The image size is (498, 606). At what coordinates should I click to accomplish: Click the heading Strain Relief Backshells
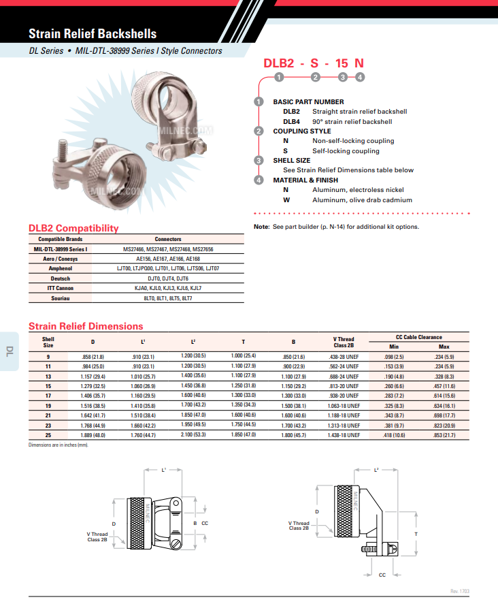click(x=93, y=33)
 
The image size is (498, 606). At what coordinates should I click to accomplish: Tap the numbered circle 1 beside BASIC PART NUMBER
click(x=259, y=102)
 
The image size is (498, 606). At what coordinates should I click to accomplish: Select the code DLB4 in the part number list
click(x=291, y=122)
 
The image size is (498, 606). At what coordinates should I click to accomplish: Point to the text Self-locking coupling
click(x=346, y=151)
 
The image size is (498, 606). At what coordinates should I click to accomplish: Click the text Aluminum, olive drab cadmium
click(x=362, y=200)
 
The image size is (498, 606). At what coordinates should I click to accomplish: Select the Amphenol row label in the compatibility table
click(x=61, y=268)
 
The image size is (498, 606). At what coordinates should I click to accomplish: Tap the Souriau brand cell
click(x=61, y=298)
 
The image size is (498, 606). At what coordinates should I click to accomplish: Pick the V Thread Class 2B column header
click(x=344, y=342)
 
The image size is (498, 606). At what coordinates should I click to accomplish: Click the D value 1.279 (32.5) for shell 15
click(x=93, y=386)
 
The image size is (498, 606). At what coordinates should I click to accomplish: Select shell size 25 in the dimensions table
click(x=48, y=434)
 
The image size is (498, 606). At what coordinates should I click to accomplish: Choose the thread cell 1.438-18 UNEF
click(x=344, y=434)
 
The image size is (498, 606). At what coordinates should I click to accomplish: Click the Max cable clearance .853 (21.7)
click(x=444, y=434)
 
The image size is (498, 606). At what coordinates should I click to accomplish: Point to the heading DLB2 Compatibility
click(x=73, y=228)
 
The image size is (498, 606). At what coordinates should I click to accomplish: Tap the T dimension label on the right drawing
click(x=416, y=534)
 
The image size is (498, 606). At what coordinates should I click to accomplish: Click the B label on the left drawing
click(x=195, y=522)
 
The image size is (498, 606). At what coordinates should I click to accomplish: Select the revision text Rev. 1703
click(x=459, y=591)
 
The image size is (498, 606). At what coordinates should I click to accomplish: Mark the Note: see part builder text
click(x=336, y=227)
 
